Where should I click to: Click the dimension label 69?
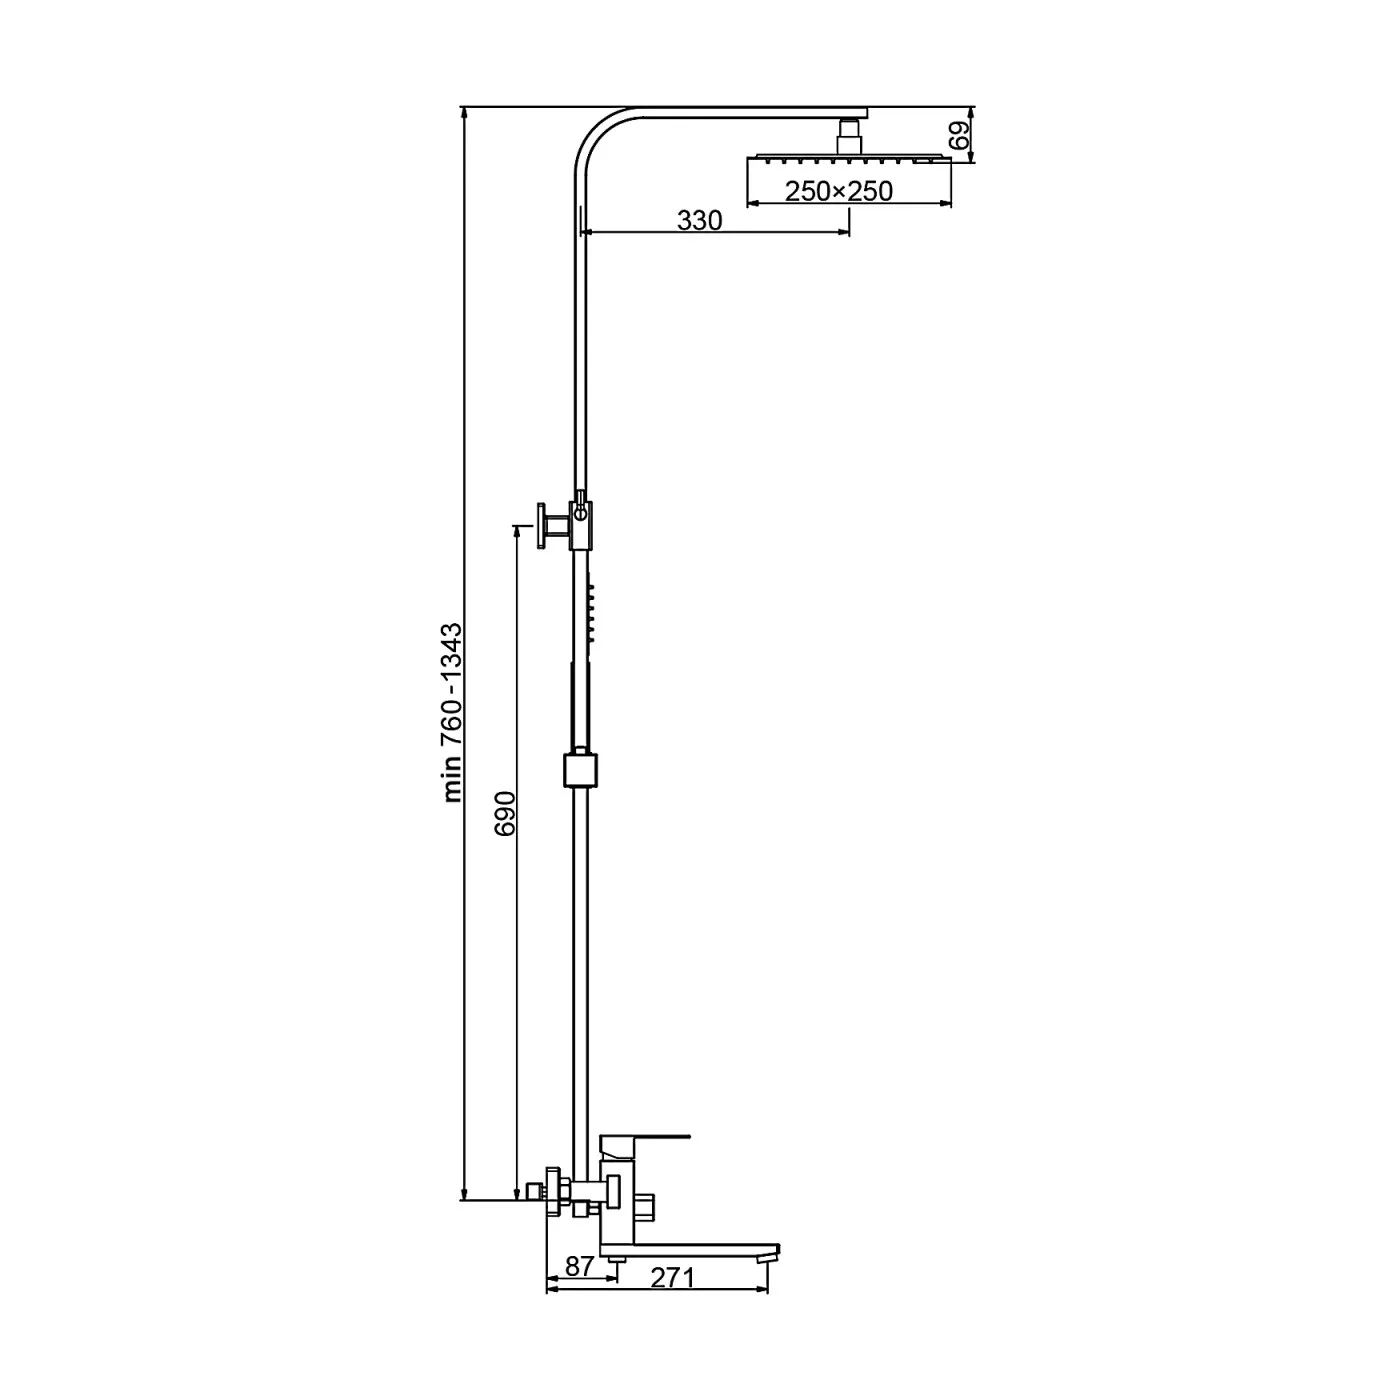(960, 136)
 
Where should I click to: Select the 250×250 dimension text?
(838, 191)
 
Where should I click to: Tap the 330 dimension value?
(700, 220)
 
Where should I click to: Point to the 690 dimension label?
(505, 814)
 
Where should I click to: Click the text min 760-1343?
(452, 713)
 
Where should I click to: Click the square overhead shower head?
(849, 158)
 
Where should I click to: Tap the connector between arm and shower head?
(849, 136)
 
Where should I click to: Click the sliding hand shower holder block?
(580, 770)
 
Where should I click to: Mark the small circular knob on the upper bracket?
(580, 514)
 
